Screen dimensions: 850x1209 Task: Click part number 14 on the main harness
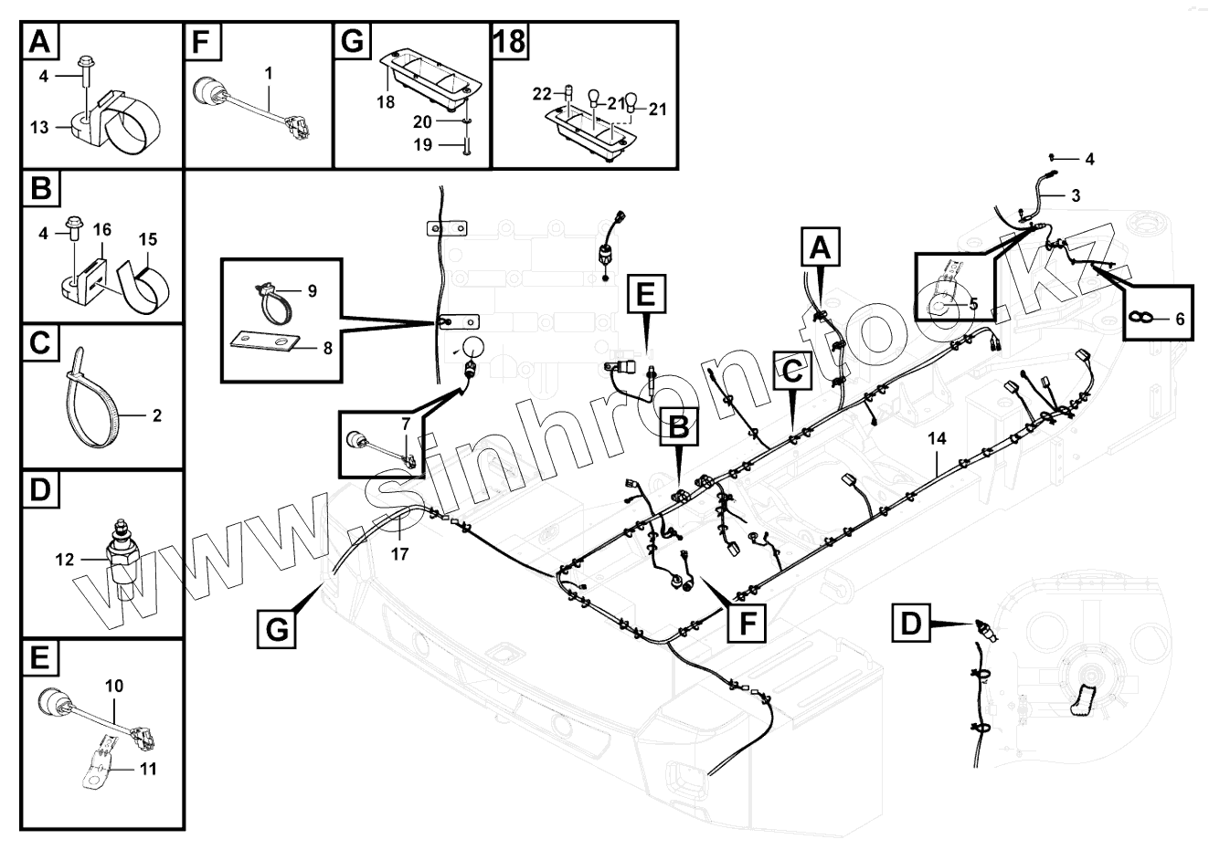[x=937, y=438]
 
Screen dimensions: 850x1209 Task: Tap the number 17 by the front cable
[x=399, y=552]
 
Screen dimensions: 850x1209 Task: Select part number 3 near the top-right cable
[x=1075, y=194]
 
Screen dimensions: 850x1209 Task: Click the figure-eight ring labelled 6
[x=1138, y=316]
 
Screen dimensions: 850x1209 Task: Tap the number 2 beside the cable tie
[x=156, y=415]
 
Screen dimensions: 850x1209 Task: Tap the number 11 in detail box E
[x=148, y=769]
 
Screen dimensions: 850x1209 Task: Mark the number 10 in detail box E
[x=114, y=685]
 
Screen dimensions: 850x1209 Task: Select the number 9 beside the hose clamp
[x=312, y=290]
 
